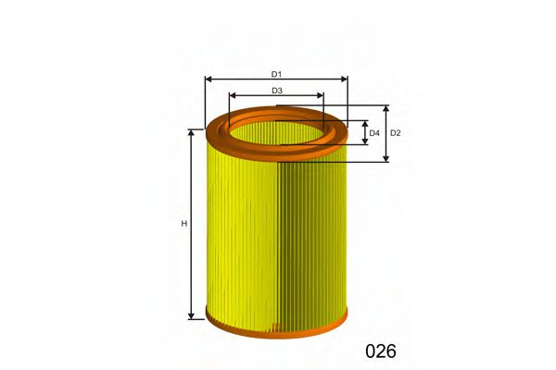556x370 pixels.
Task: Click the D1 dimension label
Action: click(x=276, y=74)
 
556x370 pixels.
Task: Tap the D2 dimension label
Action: click(x=396, y=133)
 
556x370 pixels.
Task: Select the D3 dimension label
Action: click(x=277, y=91)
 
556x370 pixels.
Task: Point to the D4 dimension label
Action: click(x=374, y=133)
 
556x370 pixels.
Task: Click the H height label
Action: click(x=184, y=224)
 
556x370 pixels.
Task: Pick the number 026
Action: click(x=381, y=351)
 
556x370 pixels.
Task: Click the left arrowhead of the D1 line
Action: click(x=208, y=80)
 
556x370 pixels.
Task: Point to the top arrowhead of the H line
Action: click(x=192, y=133)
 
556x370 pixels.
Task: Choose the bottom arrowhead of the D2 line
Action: click(x=386, y=158)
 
